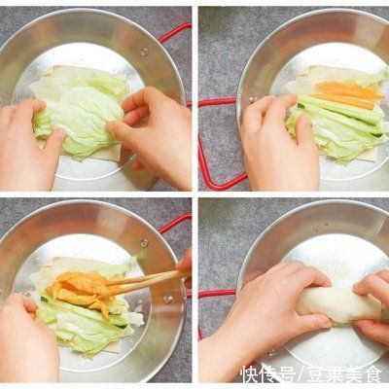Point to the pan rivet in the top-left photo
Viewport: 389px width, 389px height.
click(143, 51)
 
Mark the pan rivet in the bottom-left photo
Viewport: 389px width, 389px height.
click(144, 242)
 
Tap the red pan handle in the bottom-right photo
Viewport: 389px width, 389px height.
click(216, 292)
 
